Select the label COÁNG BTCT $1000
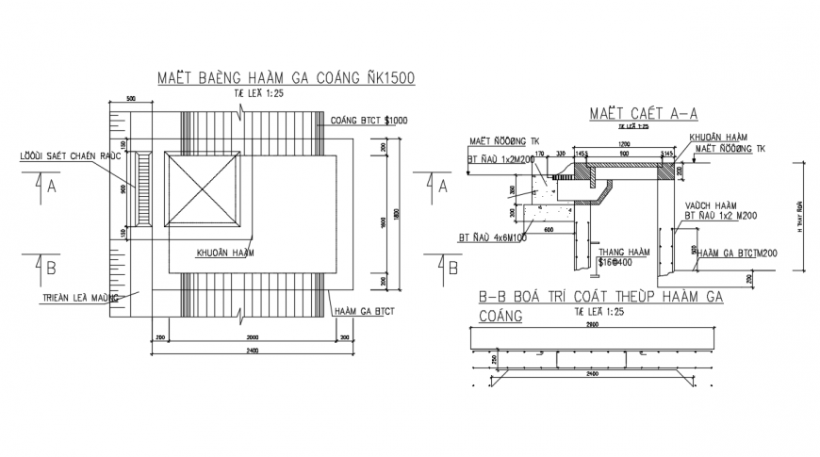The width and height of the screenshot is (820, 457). click(x=369, y=120)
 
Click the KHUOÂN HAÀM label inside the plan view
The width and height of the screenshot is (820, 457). click(x=226, y=253)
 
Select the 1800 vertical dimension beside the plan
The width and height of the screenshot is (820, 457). click(x=397, y=214)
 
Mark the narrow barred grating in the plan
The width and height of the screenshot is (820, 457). click(x=143, y=188)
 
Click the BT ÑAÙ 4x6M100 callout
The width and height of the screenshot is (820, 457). click(x=495, y=237)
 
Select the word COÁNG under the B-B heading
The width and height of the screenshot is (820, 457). click(x=500, y=316)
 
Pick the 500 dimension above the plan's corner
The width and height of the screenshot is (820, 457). click(x=131, y=97)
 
